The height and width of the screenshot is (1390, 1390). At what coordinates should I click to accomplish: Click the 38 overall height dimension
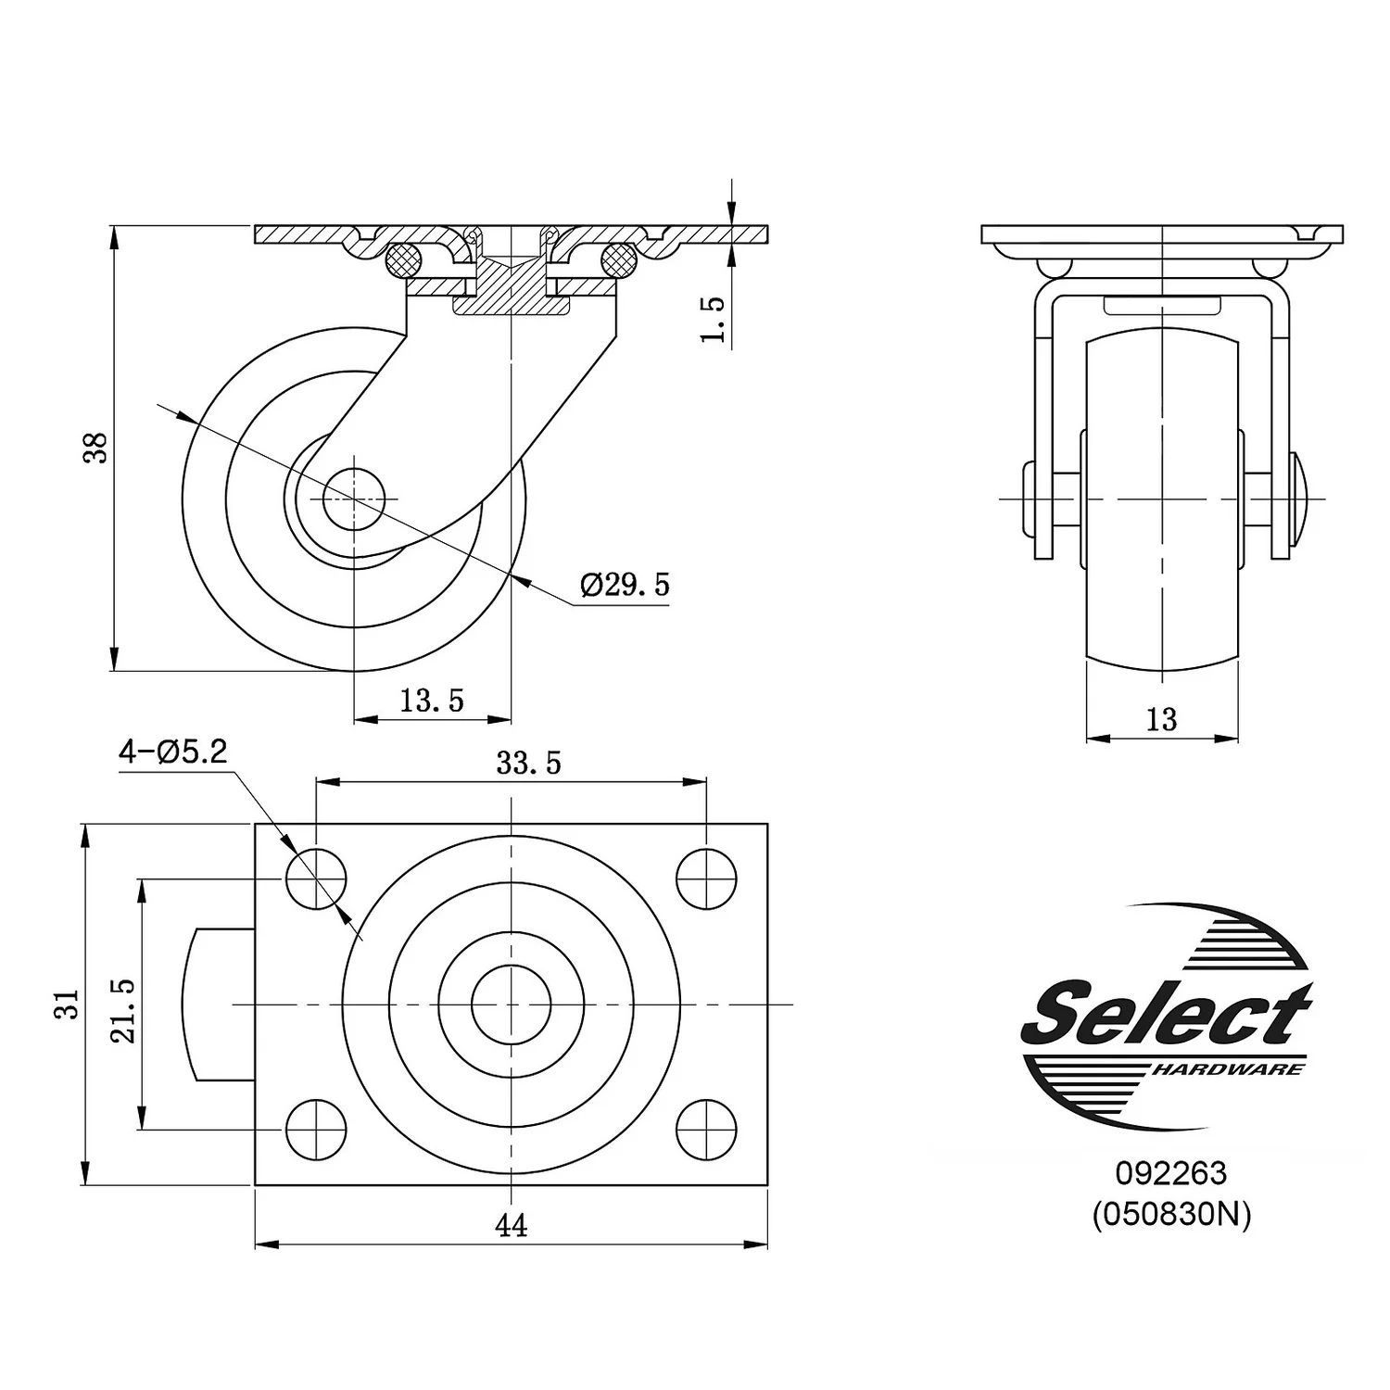97,448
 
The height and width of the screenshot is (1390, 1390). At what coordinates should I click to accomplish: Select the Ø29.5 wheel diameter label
625,585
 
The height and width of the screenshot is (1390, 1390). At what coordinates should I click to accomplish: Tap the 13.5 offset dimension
432,701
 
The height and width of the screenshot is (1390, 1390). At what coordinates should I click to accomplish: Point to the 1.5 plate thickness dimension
713,320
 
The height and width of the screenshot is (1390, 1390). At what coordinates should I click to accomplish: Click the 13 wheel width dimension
1161,719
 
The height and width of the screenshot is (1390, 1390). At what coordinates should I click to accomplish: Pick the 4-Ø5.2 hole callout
172,752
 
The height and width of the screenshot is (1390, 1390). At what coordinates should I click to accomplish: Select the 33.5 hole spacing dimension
528,764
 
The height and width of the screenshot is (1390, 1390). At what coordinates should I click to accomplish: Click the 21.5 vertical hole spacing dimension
124,1011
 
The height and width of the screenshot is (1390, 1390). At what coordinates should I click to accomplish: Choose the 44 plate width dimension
511,1226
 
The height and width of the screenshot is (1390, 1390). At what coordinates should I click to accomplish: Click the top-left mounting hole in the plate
316,878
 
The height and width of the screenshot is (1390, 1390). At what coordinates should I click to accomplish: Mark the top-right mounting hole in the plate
706,878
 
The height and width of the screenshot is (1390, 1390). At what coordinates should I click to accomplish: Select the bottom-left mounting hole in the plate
316,1130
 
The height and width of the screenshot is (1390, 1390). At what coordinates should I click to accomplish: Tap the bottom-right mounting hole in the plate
706,1130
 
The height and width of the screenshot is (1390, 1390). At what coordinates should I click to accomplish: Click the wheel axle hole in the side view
353,499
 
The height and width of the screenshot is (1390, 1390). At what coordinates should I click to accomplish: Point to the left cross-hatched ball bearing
403,259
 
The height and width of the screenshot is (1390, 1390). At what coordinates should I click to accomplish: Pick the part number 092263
1170,1174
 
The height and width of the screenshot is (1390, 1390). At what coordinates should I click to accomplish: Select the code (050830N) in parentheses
1170,1214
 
